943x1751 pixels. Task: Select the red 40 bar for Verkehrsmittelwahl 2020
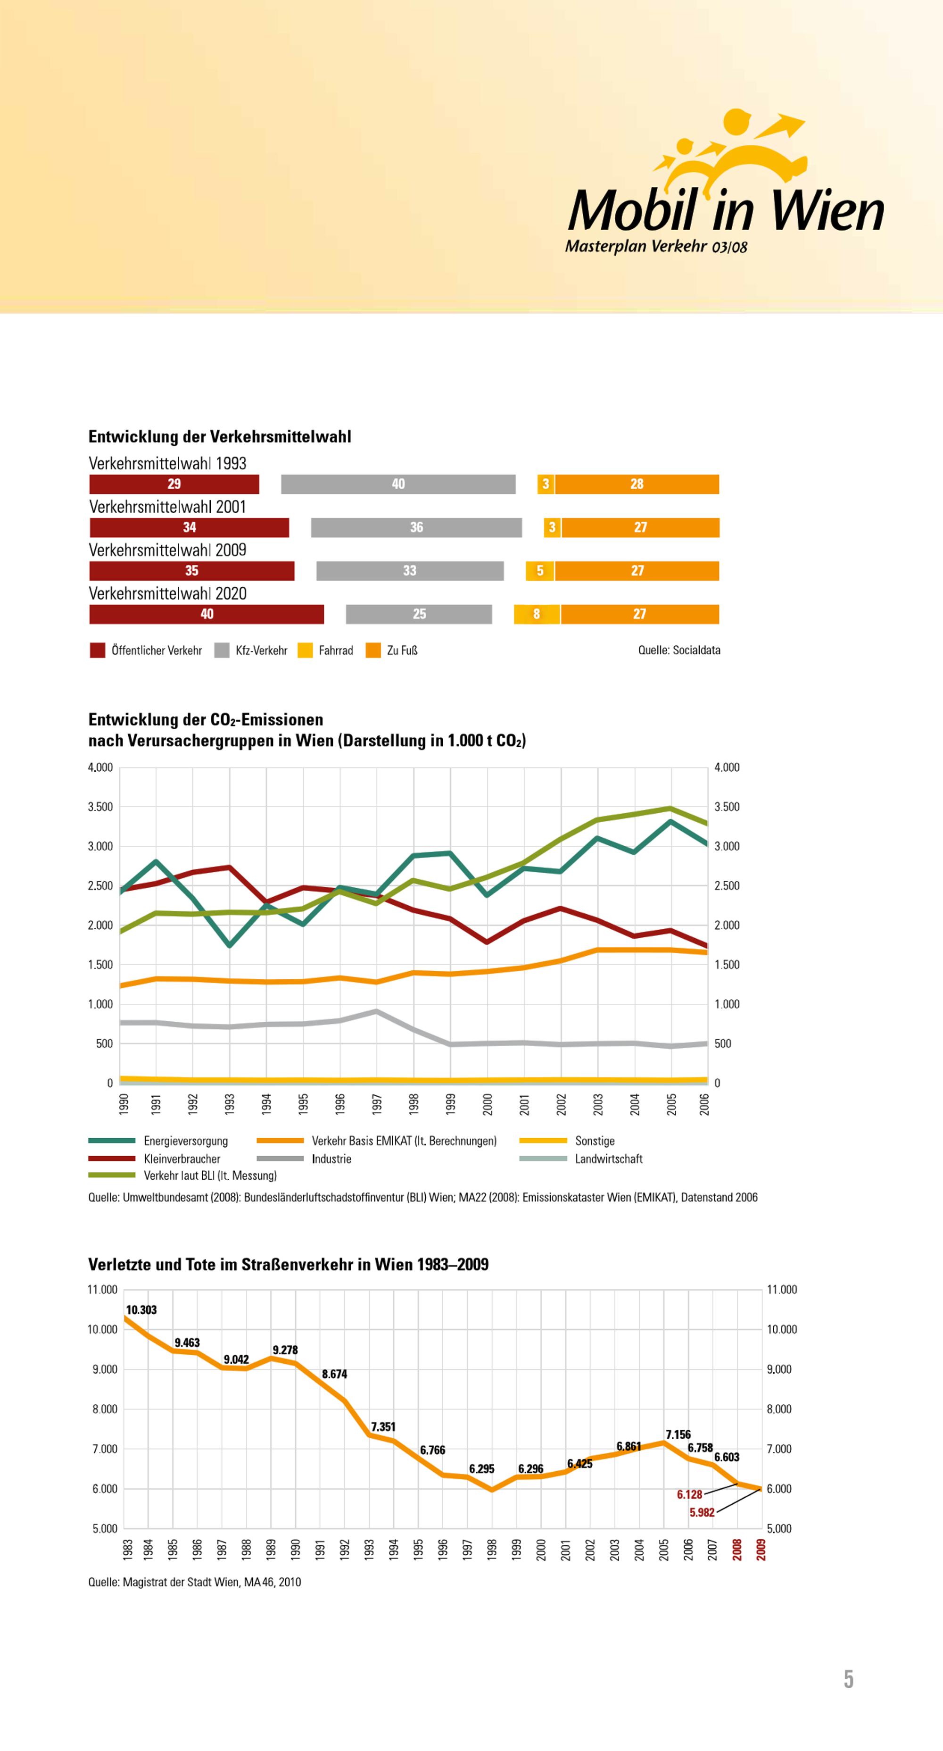207,614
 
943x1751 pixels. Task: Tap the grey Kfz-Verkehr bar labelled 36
416,527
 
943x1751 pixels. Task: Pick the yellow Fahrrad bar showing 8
537,614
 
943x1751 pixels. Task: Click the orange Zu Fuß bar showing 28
637,484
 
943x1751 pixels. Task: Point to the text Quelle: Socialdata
678,650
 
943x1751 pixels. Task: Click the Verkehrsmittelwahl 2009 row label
167,550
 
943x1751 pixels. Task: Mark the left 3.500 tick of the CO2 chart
100,807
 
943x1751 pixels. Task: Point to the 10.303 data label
141,1310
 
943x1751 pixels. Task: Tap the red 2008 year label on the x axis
736,1550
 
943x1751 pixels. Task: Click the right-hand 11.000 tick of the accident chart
781,1290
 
